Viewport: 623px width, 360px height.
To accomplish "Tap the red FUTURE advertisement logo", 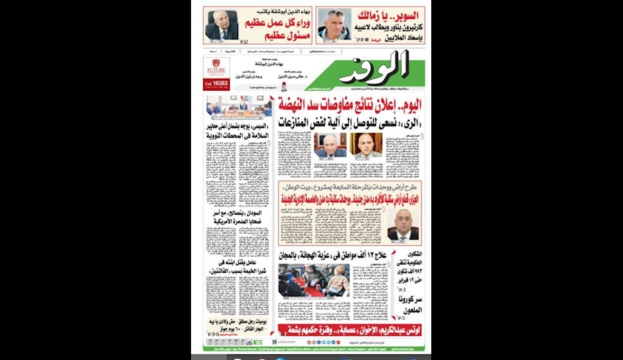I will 215,69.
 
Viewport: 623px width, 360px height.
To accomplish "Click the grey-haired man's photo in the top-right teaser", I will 334,26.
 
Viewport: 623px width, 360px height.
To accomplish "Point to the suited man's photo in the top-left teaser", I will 222,26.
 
